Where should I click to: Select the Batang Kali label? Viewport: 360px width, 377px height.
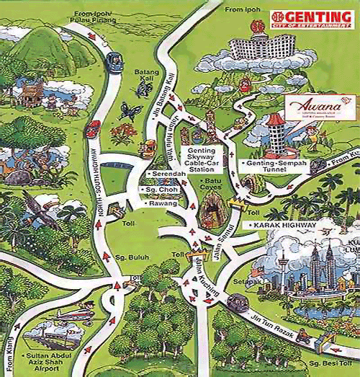tap(146, 76)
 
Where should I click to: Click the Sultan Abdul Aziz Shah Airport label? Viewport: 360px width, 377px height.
tap(50, 360)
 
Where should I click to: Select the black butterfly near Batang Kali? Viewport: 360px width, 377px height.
tap(131, 110)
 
